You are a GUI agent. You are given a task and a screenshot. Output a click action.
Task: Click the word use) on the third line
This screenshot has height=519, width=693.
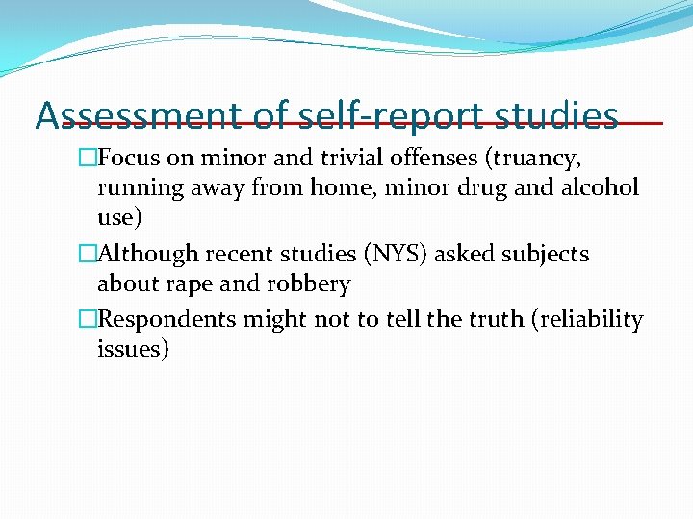(119, 218)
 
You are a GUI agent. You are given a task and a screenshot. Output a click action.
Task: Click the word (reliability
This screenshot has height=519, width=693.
(586, 319)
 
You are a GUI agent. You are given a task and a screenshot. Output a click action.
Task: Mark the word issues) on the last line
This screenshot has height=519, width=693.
(133, 350)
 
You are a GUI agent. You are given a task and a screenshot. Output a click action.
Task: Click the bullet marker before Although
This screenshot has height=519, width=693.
(89, 254)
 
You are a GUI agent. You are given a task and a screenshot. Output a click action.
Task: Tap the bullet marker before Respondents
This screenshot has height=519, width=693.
(89, 319)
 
